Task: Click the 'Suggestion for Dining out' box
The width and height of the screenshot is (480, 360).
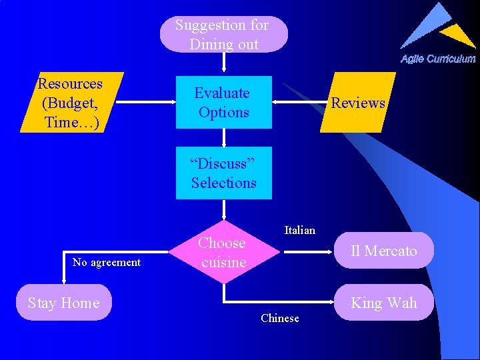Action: pos(223,35)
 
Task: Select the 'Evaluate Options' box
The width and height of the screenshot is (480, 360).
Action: pos(223,103)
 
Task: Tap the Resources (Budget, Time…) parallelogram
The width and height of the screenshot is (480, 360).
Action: pos(71,103)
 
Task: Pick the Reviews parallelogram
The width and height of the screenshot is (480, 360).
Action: pos(358,103)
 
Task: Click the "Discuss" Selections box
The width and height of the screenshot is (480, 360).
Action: pos(223,173)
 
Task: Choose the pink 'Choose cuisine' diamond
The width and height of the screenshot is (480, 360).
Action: pos(223,253)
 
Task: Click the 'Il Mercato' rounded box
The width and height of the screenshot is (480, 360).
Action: pos(383,251)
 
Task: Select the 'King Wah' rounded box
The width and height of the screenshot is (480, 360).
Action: pos(383,303)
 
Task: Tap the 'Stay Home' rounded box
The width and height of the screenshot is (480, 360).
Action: pos(64,303)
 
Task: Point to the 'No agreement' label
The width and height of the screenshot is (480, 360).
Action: pos(107,263)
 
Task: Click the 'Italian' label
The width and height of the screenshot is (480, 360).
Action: pos(299,230)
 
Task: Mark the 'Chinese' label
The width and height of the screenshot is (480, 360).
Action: pos(280,319)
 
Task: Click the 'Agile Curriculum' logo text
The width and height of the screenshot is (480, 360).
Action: pos(437,59)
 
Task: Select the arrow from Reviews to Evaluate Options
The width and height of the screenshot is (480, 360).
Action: pos(300,103)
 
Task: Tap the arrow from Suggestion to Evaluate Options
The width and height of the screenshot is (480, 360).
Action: pos(224,63)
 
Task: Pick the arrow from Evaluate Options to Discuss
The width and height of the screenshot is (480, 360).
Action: pos(224,137)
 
